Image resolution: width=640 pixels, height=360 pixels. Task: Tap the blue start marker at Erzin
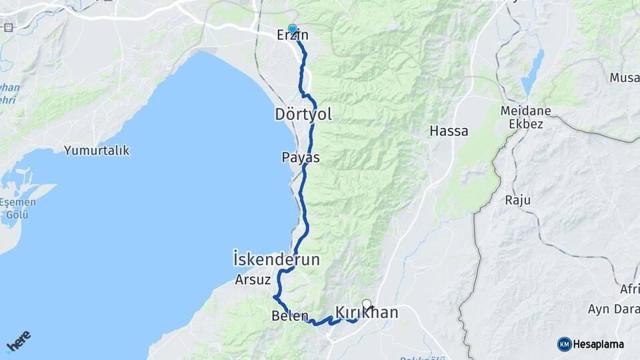(x=292, y=29)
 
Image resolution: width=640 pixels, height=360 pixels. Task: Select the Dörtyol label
(x=303, y=115)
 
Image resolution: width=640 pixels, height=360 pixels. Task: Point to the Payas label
(x=300, y=158)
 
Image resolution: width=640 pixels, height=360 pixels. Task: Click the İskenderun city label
(x=277, y=259)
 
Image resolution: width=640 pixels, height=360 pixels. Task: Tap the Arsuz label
(x=251, y=280)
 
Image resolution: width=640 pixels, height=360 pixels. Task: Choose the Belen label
(x=290, y=316)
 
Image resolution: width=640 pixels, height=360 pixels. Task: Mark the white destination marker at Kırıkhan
(x=366, y=304)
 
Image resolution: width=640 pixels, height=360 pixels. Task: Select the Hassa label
(x=449, y=131)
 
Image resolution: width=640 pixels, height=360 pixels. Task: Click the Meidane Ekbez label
(x=523, y=117)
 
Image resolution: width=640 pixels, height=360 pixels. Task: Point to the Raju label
(x=517, y=200)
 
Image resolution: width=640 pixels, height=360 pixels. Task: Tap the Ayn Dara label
(x=613, y=309)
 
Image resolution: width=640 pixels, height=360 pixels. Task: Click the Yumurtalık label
(x=97, y=151)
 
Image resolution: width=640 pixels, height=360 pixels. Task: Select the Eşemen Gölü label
(x=13, y=207)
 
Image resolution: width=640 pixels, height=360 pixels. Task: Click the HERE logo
(x=18, y=341)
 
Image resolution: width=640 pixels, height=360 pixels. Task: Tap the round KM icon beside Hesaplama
(x=564, y=344)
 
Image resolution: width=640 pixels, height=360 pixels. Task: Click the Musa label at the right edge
(x=624, y=78)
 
